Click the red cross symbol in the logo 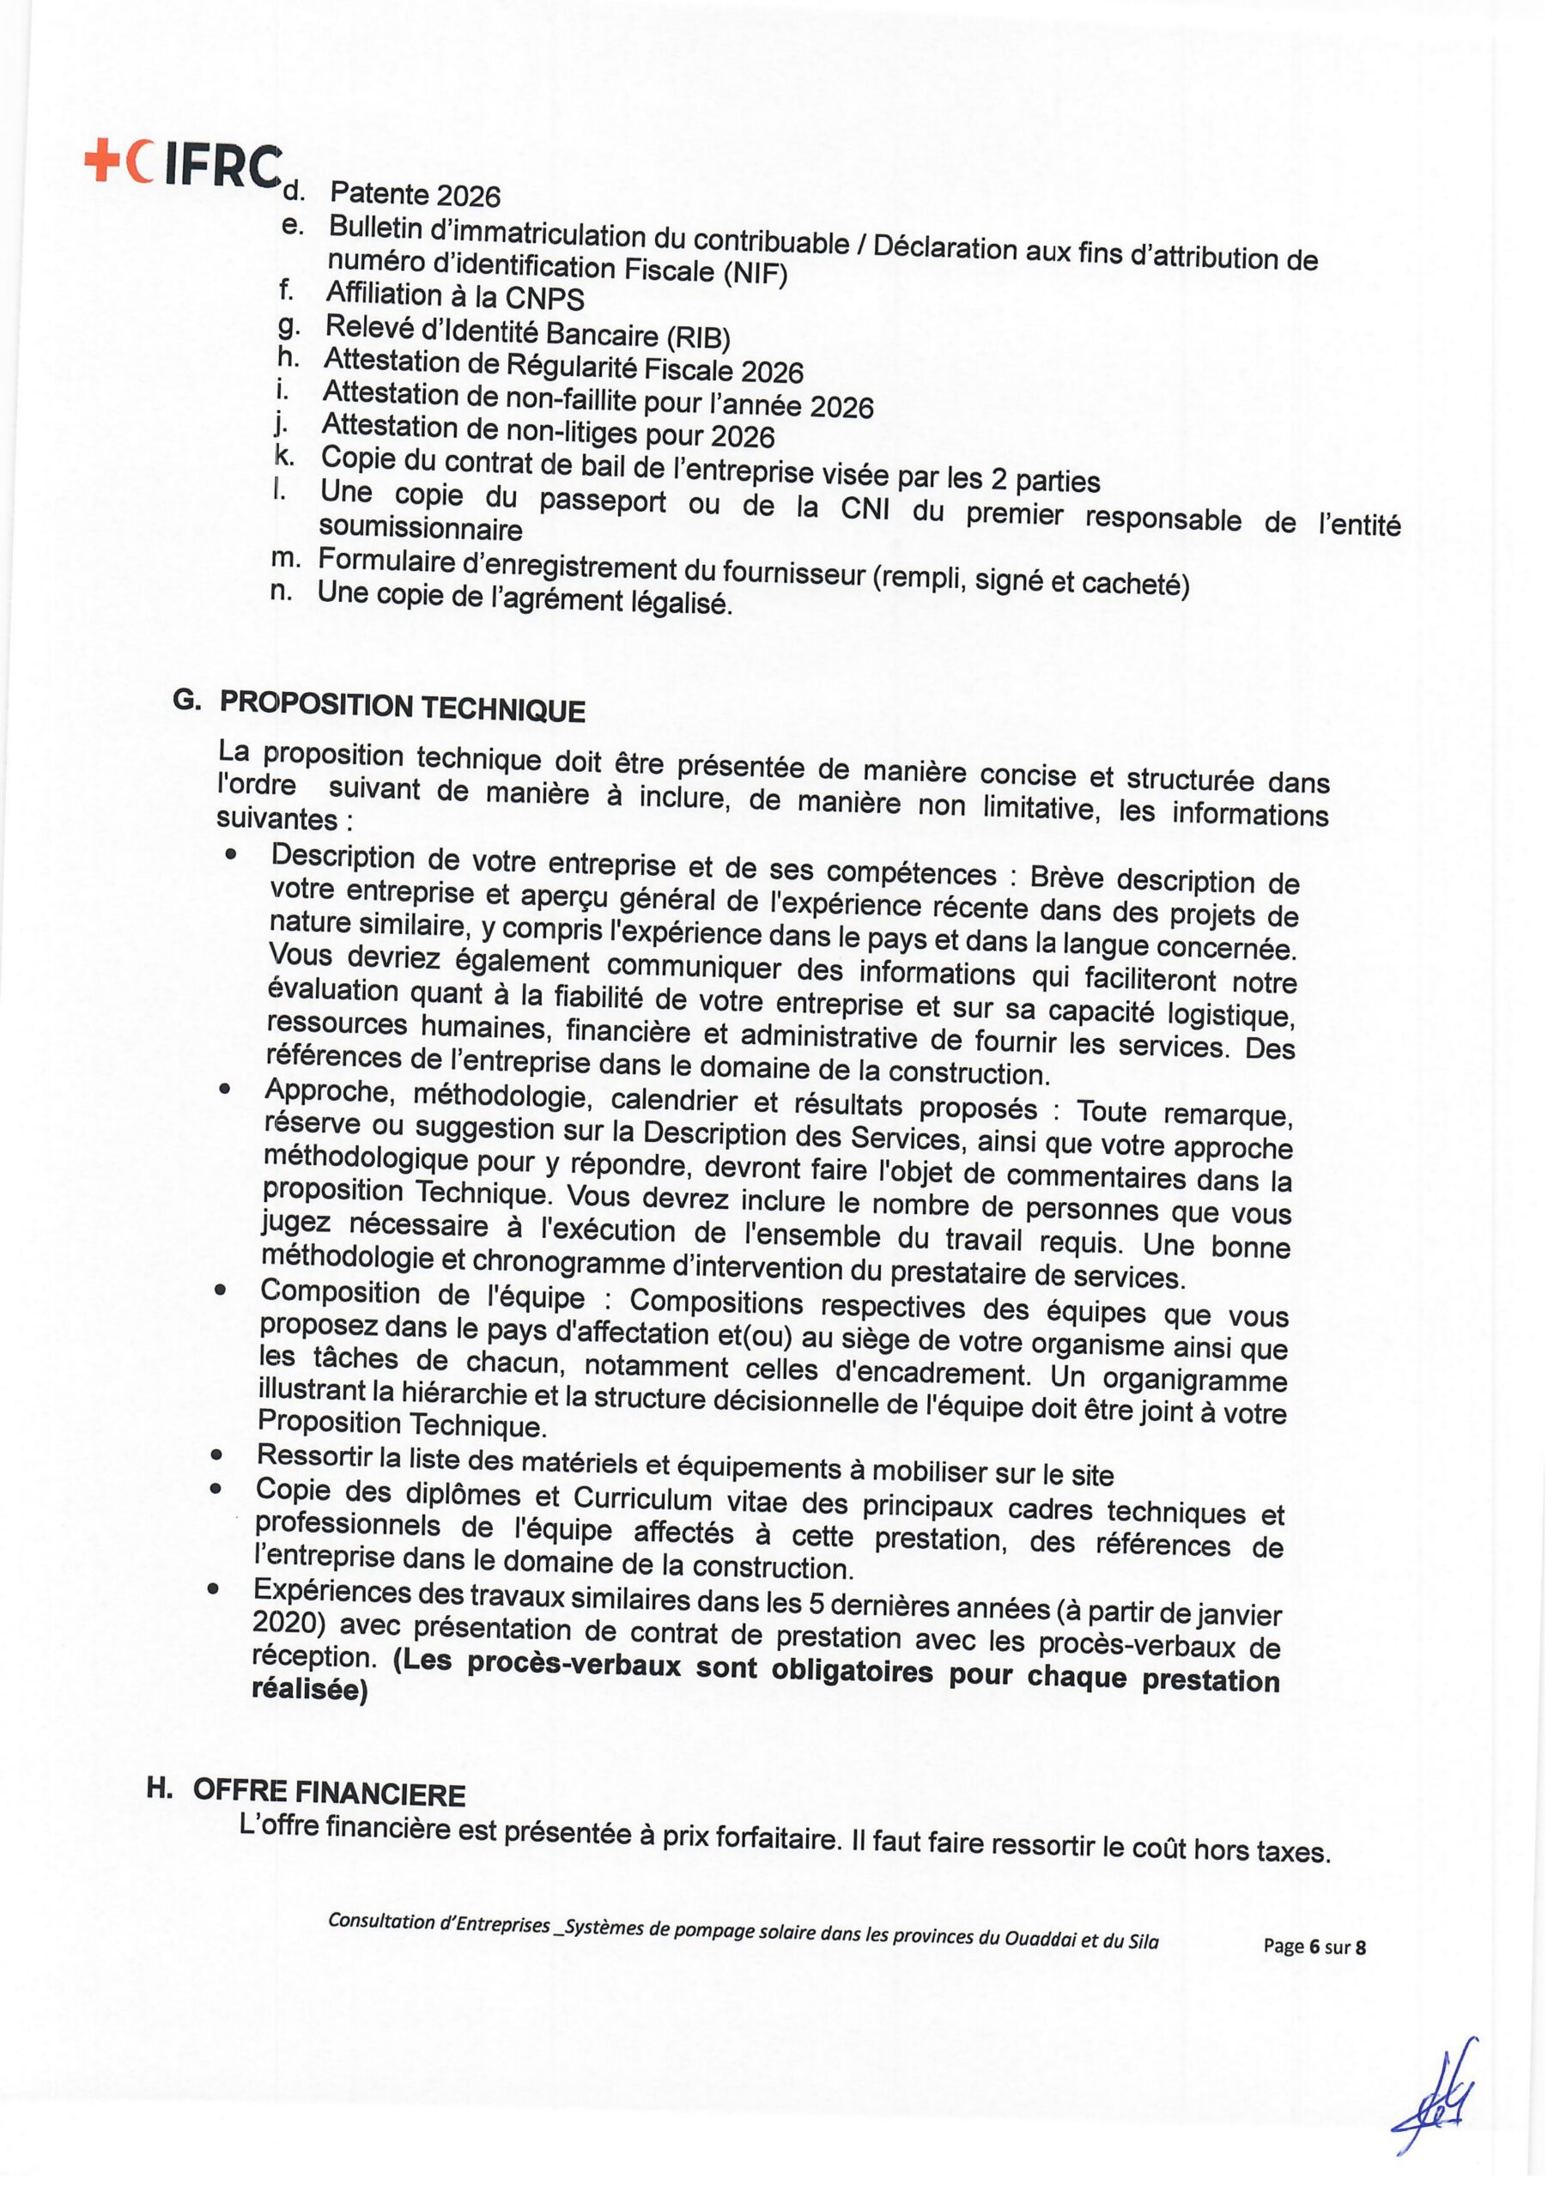[99, 161]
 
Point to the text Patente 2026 [415, 194]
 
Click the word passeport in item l [601, 501]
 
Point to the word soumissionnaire [421, 528]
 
